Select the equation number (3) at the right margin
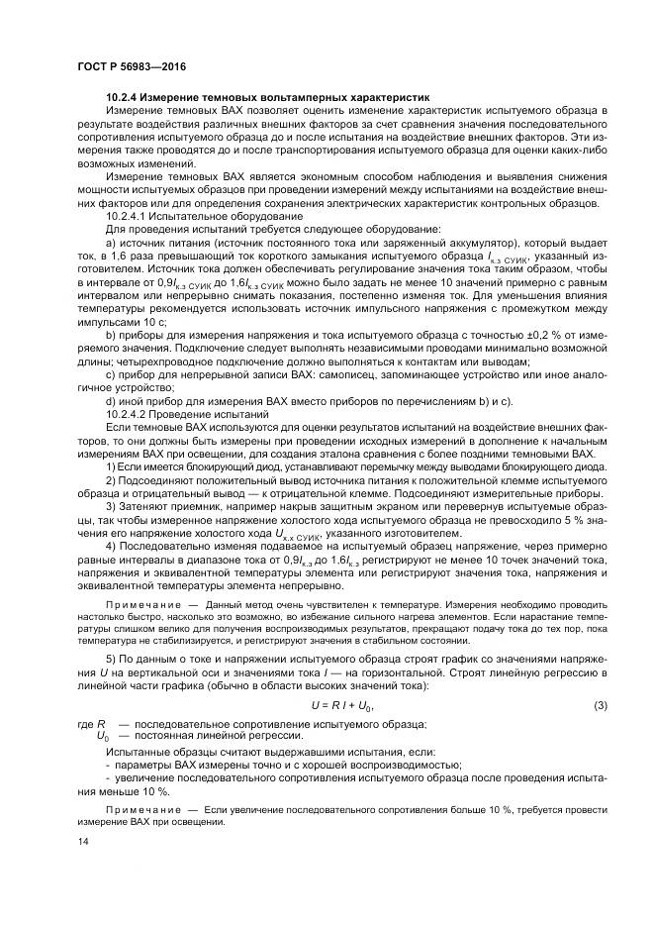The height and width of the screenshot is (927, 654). pos(600,704)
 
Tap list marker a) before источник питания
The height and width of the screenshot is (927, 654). pos(111,242)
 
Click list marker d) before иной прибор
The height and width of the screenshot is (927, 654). pos(111,400)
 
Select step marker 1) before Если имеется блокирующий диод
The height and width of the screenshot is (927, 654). pos(111,464)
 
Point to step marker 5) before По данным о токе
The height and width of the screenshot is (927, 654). pos(111,659)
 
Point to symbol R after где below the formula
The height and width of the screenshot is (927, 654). pos(102,724)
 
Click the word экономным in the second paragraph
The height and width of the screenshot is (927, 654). pos(302,176)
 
